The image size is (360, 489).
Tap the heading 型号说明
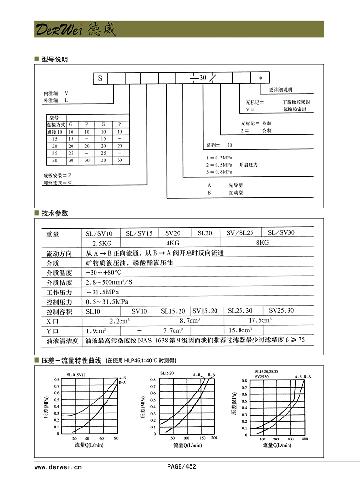coord(54,60)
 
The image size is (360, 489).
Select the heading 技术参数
coord(54,213)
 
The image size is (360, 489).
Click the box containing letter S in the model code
coord(100,78)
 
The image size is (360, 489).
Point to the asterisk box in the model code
coord(260,78)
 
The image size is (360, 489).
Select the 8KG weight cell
coord(263,243)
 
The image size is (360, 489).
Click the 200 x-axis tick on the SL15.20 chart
coord(214,438)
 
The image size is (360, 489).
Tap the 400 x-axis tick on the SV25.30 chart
coord(305,440)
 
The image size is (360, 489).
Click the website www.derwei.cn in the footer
coord(58,466)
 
